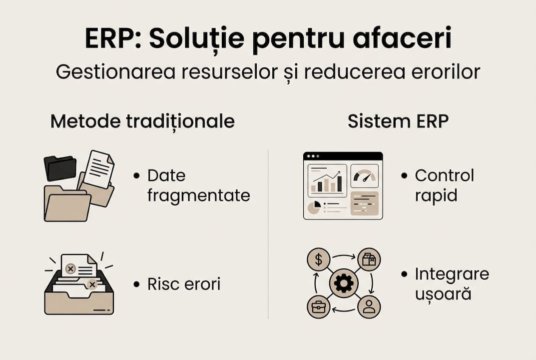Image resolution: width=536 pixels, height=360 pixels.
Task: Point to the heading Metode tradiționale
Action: pos(142,121)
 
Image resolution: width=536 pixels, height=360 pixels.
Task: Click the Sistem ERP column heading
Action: pos(398,121)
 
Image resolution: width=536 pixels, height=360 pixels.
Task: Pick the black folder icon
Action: pos(60,167)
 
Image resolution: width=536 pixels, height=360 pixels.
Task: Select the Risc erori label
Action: pos(183,284)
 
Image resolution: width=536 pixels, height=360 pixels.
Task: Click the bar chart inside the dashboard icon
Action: pos(327,183)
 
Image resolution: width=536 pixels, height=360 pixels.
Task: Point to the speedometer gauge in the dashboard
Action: pos(364,176)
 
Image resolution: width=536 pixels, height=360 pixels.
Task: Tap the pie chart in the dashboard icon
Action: pos(313,207)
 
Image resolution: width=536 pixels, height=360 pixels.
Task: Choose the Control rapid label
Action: pos(444,185)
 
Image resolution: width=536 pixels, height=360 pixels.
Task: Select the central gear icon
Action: pos(344,284)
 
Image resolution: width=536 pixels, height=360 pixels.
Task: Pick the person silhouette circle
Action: pos(369,306)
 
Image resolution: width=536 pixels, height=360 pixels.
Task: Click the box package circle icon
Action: pos(369,260)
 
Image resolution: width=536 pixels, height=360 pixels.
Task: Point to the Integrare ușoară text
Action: pos(451,284)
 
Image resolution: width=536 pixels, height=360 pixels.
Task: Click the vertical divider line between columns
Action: pos(268,235)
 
